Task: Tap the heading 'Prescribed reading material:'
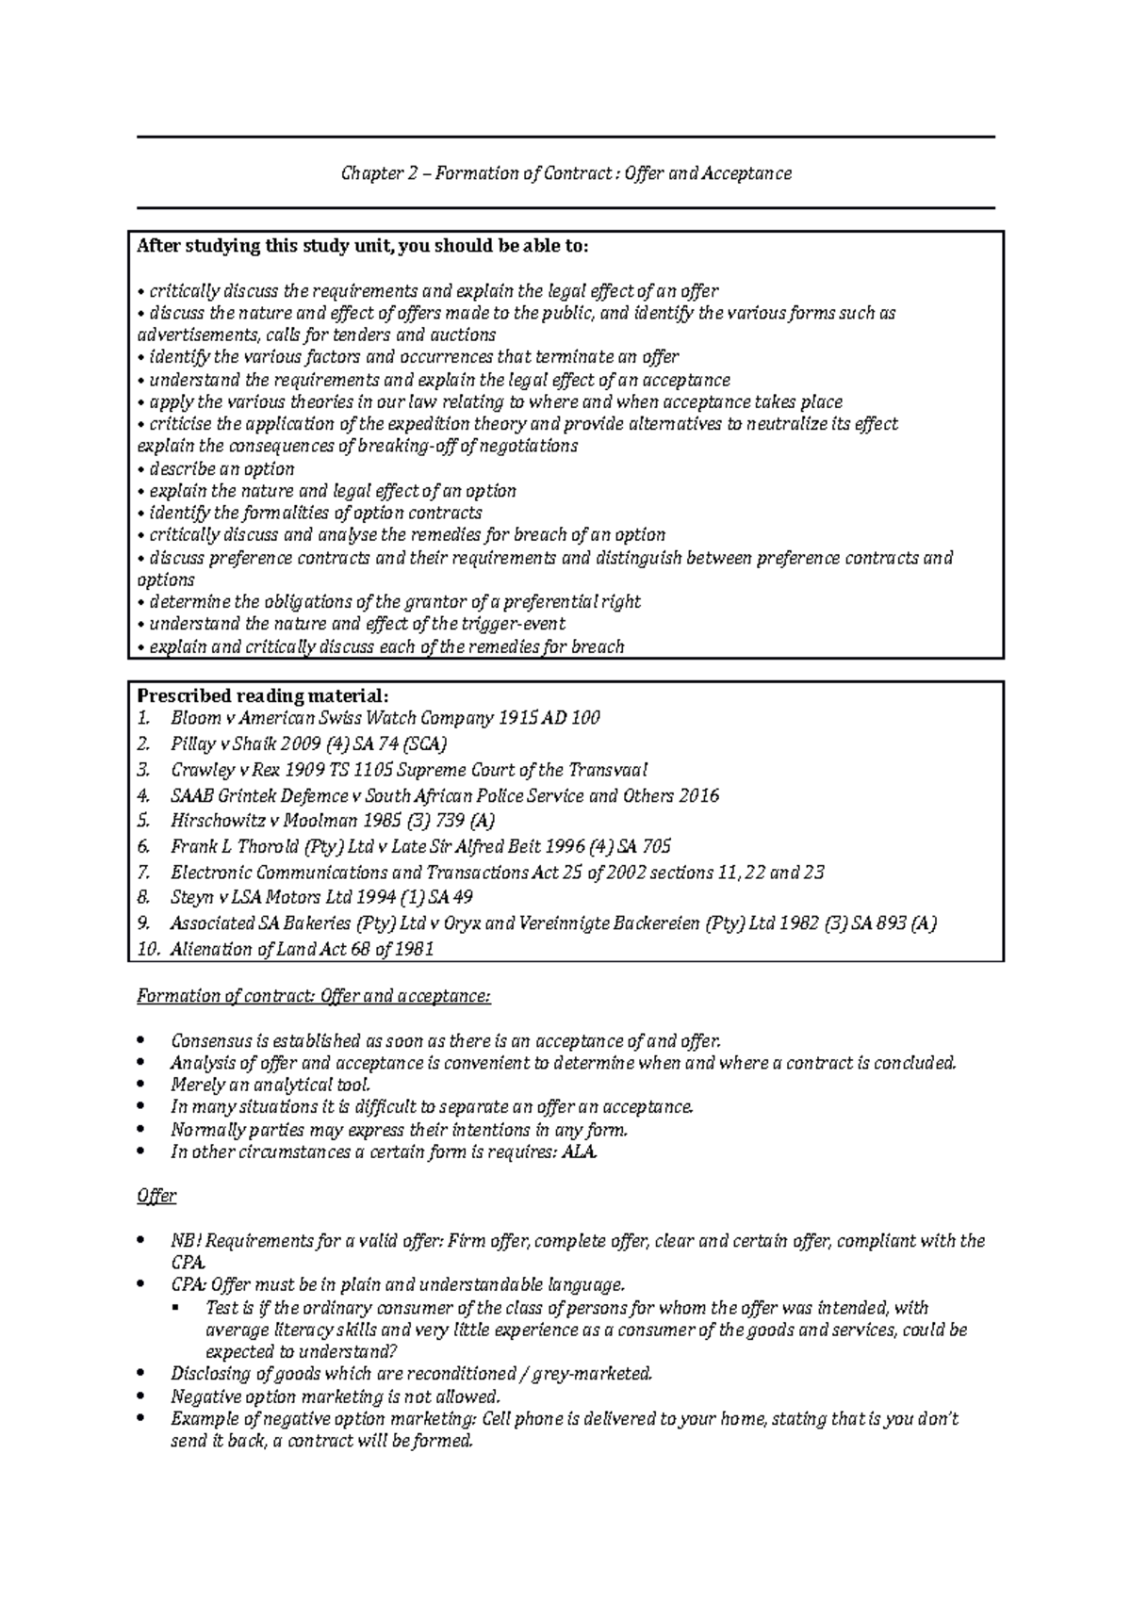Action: pos(262,696)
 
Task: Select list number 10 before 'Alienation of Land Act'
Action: pos(149,950)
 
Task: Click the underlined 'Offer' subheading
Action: pos(156,1197)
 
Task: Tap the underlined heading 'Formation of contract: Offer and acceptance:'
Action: pos(314,997)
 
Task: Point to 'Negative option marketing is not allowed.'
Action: pos(335,1396)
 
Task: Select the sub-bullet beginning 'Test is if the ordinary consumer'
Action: pos(565,1308)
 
